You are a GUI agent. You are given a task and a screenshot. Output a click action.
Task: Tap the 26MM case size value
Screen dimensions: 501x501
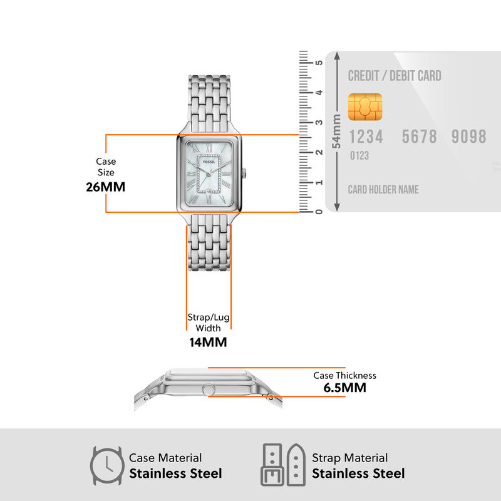click(106, 187)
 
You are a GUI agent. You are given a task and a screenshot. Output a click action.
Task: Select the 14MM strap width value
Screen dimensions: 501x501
click(208, 342)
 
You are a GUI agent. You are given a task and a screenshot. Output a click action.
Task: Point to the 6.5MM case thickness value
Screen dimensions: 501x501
click(344, 388)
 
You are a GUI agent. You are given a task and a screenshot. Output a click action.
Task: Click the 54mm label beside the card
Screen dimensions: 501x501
click(337, 132)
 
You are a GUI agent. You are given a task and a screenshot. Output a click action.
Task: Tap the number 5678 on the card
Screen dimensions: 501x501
click(419, 137)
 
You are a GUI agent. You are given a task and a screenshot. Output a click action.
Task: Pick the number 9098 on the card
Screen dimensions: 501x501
click(468, 137)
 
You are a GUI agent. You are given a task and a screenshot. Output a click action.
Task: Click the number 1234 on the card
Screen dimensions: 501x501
click(366, 137)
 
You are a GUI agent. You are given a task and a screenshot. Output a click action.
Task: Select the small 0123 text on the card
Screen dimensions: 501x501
click(359, 155)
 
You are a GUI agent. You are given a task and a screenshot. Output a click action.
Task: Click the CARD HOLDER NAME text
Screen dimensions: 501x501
click(383, 189)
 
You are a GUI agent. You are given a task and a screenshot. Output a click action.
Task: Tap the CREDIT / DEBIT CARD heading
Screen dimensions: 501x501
click(395, 76)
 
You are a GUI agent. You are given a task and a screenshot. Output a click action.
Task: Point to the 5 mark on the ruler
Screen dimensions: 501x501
click(319, 63)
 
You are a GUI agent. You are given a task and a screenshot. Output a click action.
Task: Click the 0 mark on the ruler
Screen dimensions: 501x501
click(319, 212)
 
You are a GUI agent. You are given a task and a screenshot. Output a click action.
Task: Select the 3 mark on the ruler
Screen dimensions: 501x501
click(319, 123)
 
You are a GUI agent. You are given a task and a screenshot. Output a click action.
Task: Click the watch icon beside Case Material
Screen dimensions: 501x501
click(106, 466)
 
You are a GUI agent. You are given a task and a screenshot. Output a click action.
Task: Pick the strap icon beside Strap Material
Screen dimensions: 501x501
click(282, 466)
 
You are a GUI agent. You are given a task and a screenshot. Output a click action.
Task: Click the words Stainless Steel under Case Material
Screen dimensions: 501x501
click(175, 473)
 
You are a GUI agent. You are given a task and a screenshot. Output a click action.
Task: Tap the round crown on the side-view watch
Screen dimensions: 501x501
click(205, 390)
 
